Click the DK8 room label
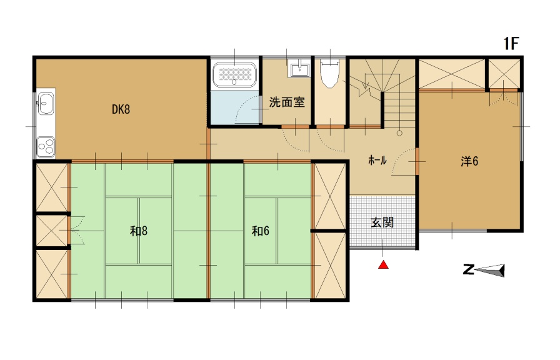pos(121,109)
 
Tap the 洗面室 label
pos(287,102)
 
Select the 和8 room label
pos(139,231)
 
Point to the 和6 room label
pos(261,231)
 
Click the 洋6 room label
pos(469,161)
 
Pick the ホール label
pos(377,160)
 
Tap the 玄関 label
pos(382,222)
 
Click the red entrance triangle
pos(383,265)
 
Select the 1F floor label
pos(511,44)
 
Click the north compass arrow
pos(491,271)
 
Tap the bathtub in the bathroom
pos(234,74)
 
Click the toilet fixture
pos(329,73)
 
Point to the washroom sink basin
pos(299,69)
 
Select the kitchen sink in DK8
pos(46,104)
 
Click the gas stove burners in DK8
pos(46,147)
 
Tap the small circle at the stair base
pos(399,133)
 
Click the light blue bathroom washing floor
pos(234,107)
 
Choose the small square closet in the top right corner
pos(504,74)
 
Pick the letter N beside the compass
pos(468,269)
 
